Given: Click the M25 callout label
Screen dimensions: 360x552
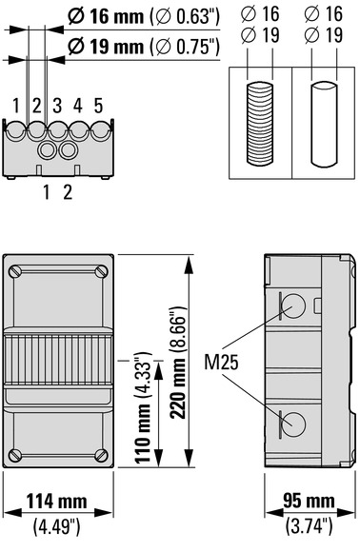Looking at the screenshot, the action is point(221,362).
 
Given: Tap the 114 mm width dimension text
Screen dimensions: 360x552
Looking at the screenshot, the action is point(57,502).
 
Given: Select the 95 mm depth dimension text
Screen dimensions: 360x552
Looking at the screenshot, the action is point(309,501).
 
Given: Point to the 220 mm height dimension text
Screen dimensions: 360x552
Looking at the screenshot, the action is point(178,363).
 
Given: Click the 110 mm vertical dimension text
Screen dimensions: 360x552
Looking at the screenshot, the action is point(144,407).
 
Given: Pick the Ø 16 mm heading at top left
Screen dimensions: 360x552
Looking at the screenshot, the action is point(106,16).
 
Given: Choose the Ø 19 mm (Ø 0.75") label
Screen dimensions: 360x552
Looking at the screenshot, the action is point(144,47).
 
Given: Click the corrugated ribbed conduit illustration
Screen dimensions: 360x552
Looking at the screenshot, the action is point(260,123).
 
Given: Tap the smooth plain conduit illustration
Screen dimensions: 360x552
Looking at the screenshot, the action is point(324,124).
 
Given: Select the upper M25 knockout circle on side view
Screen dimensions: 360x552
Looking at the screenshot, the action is point(293,306).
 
